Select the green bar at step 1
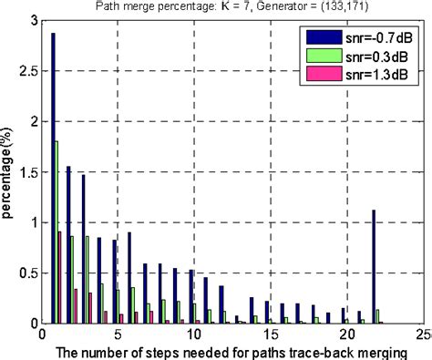pos(57,232)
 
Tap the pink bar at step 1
pos(60,278)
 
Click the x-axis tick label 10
pos(194,334)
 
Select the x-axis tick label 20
pos(345,334)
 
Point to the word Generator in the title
pos(278,7)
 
